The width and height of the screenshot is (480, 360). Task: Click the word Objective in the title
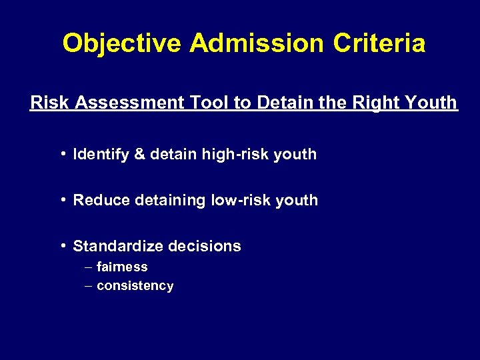pos(122,44)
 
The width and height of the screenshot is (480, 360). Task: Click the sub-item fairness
pos(122,267)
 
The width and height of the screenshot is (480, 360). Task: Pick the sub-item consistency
pos(135,286)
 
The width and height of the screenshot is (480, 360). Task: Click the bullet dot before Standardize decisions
pos(61,246)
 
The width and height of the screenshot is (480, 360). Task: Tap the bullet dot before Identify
pos(61,154)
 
